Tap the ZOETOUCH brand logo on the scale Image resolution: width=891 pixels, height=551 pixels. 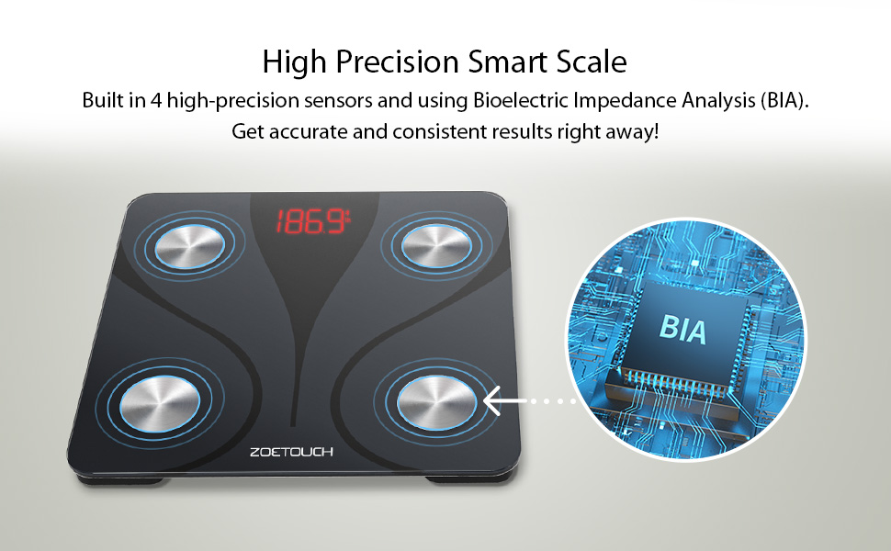(291, 452)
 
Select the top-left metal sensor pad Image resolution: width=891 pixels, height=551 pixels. (190, 246)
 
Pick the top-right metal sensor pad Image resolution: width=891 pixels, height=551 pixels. (436, 245)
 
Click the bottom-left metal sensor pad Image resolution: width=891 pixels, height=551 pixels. (160, 403)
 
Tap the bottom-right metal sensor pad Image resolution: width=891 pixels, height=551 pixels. (437, 402)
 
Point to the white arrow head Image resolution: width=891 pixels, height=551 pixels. (492, 401)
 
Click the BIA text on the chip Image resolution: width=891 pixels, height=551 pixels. (683, 330)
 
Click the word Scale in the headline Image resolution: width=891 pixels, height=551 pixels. (592, 62)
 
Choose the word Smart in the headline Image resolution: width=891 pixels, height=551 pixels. (507, 62)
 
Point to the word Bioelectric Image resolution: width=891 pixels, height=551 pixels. (520, 100)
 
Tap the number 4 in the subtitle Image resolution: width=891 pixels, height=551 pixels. (156, 100)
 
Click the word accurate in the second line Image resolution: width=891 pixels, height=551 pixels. (308, 132)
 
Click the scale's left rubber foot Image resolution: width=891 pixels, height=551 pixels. (119, 480)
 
